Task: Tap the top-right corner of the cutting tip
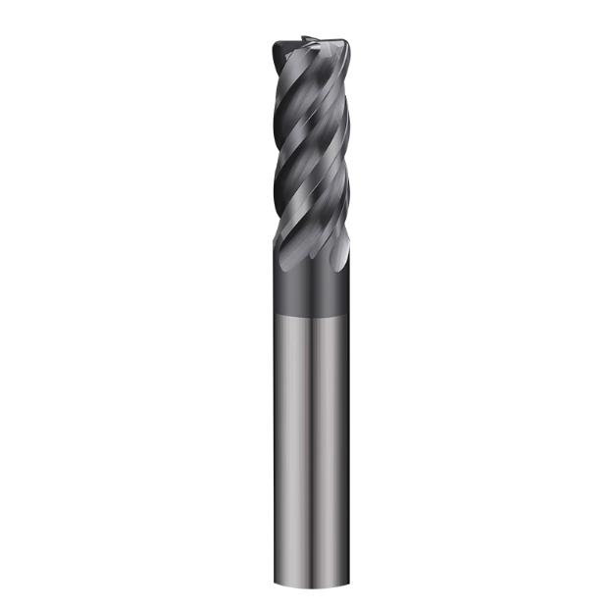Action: click(346, 45)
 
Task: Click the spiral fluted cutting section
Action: click(308, 147)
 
